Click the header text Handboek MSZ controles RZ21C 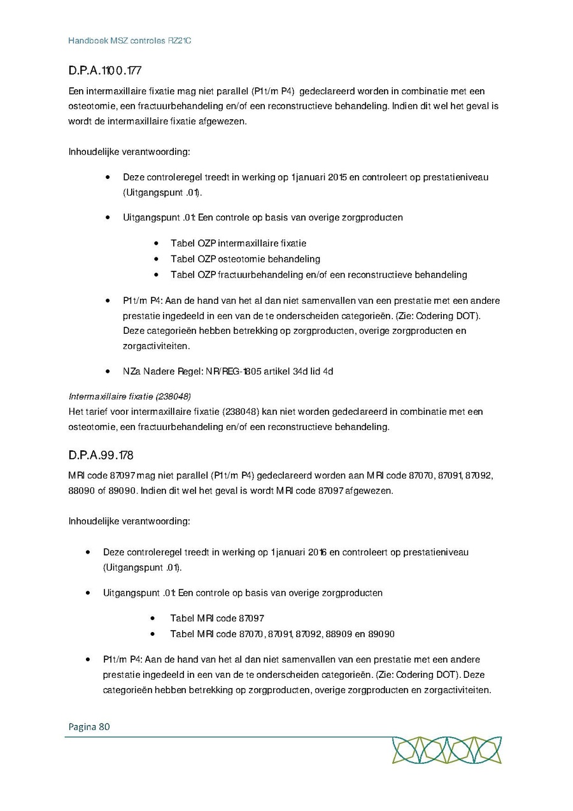coord(130,41)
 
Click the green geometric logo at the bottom coord(446,750)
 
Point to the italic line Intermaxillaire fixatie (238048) coord(129,396)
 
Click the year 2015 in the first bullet coord(337,177)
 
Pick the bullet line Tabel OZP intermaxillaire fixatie coord(238,243)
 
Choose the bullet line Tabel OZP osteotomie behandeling coord(245,259)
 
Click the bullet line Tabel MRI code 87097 coord(216,618)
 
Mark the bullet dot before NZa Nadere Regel coord(109,371)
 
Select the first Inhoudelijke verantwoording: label coord(129,152)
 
